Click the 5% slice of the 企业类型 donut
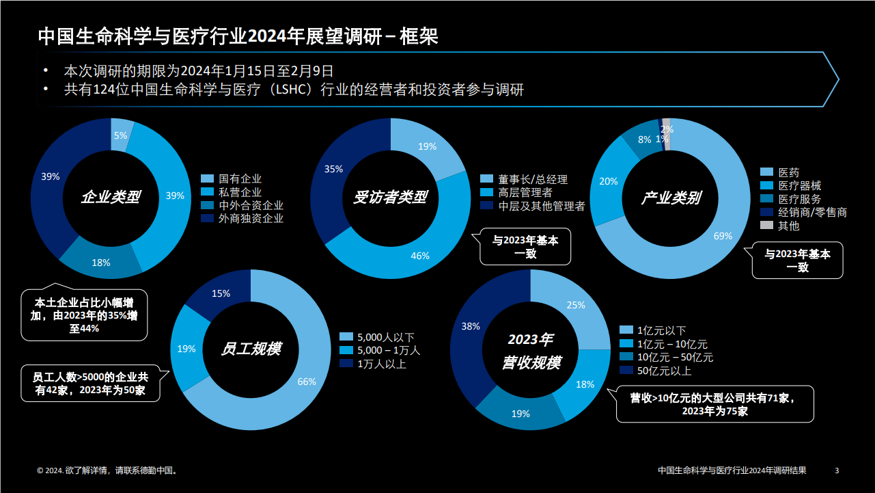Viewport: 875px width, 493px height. (x=121, y=134)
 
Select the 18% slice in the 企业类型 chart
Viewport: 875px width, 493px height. (x=101, y=261)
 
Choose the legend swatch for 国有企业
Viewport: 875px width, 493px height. (x=207, y=179)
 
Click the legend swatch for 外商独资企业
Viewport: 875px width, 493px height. (x=207, y=219)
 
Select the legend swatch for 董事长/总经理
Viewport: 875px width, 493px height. (x=486, y=179)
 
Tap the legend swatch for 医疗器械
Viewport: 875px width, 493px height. (x=766, y=186)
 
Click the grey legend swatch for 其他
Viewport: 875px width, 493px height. (x=766, y=226)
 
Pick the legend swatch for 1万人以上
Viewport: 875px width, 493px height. (x=346, y=364)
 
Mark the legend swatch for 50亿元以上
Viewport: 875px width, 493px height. (x=625, y=371)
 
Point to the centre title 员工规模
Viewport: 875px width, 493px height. (x=251, y=349)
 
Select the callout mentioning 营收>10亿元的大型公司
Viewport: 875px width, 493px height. (x=714, y=404)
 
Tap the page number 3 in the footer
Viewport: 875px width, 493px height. (x=837, y=470)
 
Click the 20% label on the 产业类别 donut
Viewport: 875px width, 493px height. (x=608, y=181)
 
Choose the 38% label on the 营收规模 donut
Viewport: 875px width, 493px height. (x=471, y=326)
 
